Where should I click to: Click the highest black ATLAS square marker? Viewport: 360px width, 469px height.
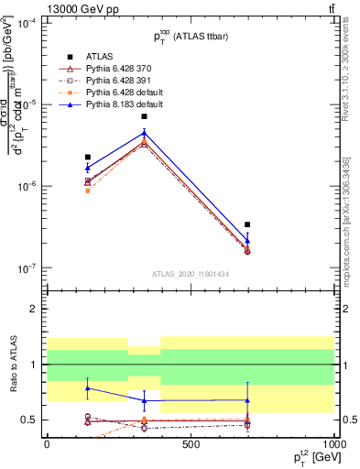(x=145, y=116)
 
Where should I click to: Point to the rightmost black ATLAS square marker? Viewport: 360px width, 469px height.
(x=247, y=224)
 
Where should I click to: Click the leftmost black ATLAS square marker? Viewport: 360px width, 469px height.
(x=87, y=158)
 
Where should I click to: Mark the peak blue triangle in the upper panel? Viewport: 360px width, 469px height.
(x=145, y=133)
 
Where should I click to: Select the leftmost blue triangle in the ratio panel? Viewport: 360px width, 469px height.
(x=87, y=388)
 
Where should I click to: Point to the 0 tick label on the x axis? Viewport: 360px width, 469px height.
(x=47, y=444)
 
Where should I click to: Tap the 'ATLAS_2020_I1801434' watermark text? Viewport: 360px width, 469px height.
(x=190, y=274)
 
